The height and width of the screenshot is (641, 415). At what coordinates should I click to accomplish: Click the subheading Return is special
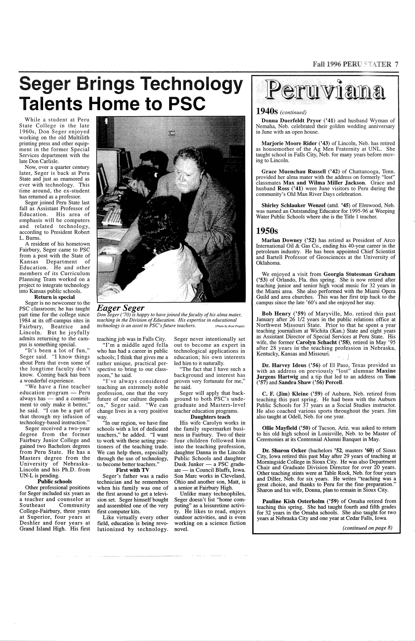point(54,297)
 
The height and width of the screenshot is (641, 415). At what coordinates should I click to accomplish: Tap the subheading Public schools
point(55,482)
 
